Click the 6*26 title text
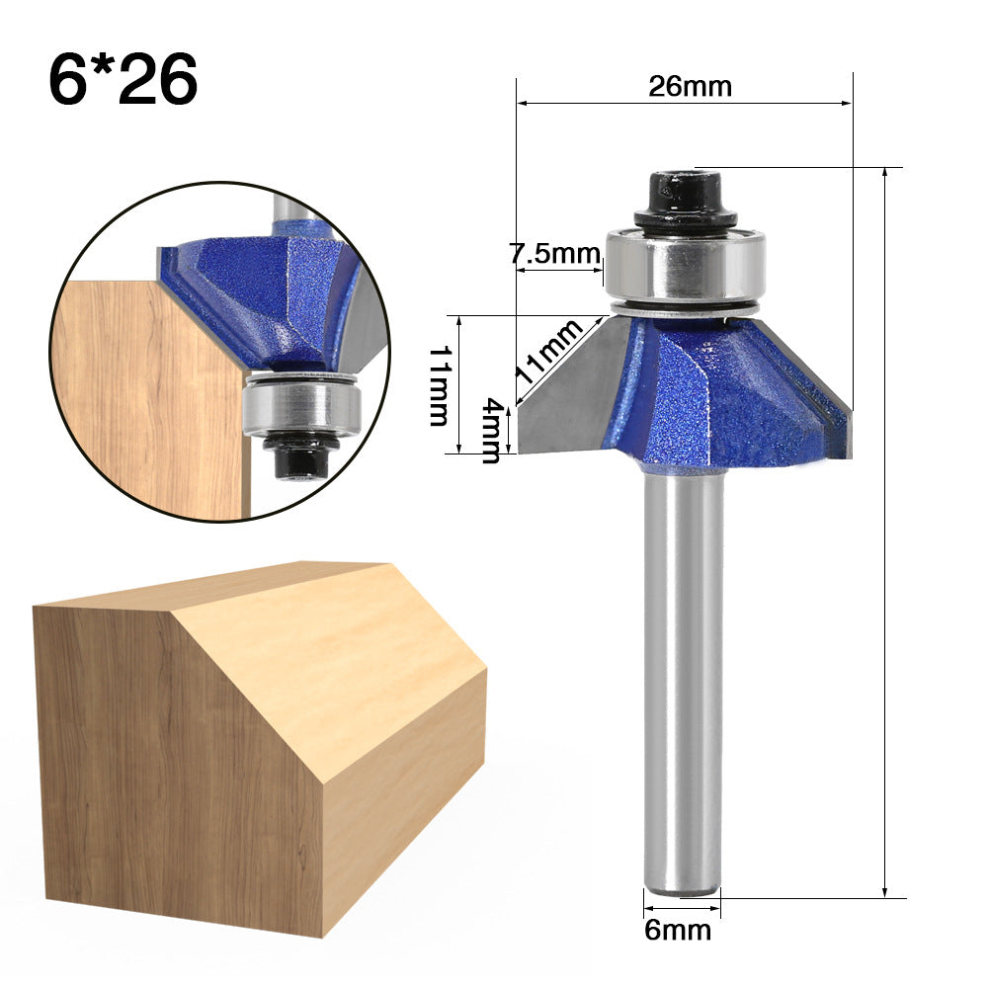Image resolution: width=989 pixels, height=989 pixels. click(123, 79)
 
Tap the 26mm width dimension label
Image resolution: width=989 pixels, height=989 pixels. click(690, 87)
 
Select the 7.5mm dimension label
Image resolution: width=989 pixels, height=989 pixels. click(555, 254)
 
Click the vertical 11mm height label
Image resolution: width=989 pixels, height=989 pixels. click(440, 385)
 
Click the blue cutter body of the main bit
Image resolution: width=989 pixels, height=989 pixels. click(711, 395)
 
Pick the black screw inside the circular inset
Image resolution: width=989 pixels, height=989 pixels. click(302, 458)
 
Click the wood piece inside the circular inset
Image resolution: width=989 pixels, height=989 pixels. click(148, 395)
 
